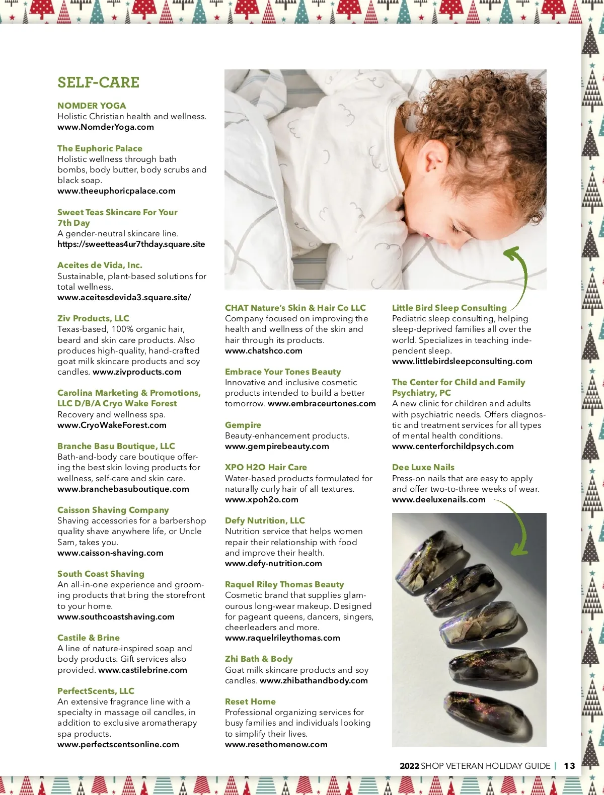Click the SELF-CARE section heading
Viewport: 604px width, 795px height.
pyautogui.click(x=98, y=82)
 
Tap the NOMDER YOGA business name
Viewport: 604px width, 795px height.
pyautogui.click(x=92, y=106)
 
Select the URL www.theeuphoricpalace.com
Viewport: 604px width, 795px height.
pyautogui.click(x=116, y=191)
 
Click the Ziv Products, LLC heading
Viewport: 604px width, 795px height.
pyautogui.click(x=93, y=318)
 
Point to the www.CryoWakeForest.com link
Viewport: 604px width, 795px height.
pyautogui.click(x=112, y=425)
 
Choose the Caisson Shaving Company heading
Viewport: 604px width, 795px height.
pyautogui.click(x=113, y=510)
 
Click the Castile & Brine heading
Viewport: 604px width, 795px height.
pyautogui.click(x=89, y=638)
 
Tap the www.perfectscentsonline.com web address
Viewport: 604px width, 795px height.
pyautogui.click(x=118, y=745)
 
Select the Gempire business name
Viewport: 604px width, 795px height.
pyautogui.click(x=243, y=425)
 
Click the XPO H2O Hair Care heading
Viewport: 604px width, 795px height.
pyautogui.click(x=266, y=467)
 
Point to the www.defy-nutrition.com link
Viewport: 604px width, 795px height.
pyautogui.click(x=273, y=564)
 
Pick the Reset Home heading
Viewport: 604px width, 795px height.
pyautogui.click(x=250, y=701)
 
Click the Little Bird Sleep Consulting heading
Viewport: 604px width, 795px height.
pyautogui.click(x=449, y=308)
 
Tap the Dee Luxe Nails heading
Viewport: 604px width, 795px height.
pyautogui.click(x=423, y=467)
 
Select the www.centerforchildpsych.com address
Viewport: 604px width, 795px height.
pyautogui.click(x=452, y=447)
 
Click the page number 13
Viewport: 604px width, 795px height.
pyautogui.click(x=569, y=766)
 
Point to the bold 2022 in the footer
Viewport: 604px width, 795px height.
pyautogui.click(x=409, y=766)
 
